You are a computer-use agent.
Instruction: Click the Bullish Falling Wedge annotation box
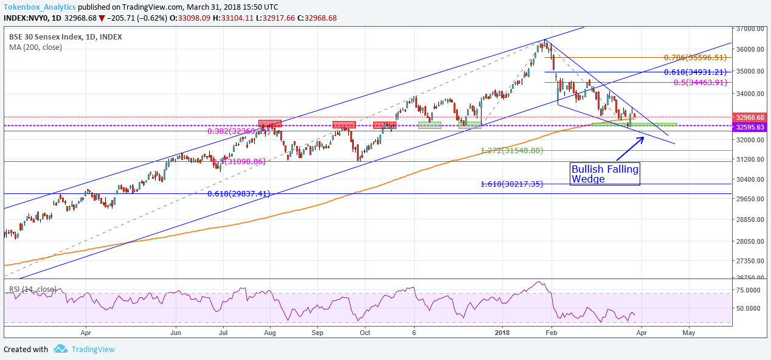coord(605,174)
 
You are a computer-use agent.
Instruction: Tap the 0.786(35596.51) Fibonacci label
coord(695,58)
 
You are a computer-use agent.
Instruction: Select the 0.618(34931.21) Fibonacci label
coord(695,72)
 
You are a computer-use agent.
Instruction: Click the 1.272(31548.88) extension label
coord(511,150)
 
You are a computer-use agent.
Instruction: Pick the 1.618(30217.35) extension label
coord(511,184)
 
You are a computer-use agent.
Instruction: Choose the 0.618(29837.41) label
coord(238,194)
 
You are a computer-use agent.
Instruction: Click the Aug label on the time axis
coord(271,333)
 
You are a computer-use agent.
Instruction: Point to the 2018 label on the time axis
coord(502,333)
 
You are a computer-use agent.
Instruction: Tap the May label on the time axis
coord(689,333)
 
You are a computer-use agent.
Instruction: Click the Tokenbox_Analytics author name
coord(40,7)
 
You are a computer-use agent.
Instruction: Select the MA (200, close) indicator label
coord(35,47)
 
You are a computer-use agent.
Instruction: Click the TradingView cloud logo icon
coord(60,349)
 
